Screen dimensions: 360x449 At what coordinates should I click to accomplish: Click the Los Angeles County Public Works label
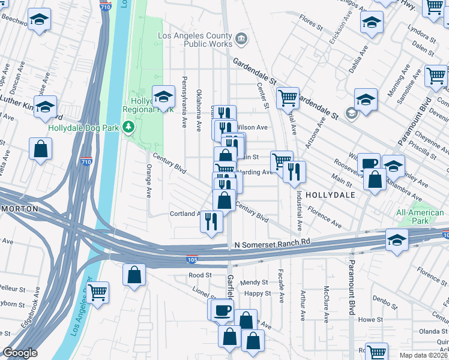tap(195, 40)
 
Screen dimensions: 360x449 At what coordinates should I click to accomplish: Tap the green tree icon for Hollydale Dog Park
tap(128, 127)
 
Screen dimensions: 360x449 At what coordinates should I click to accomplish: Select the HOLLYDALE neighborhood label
tap(330, 196)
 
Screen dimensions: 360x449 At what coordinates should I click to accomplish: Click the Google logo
tap(20, 353)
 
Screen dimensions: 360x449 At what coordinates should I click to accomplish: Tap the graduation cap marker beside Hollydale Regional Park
tap(163, 96)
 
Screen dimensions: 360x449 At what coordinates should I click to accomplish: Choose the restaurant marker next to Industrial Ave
tap(294, 171)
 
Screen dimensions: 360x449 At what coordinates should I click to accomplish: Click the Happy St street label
tap(258, 293)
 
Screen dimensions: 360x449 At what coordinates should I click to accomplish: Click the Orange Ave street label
tap(148, 181)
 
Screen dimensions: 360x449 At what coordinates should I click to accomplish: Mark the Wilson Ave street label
tap(252, 127)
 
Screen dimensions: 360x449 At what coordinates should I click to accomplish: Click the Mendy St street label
tap(253, 283)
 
